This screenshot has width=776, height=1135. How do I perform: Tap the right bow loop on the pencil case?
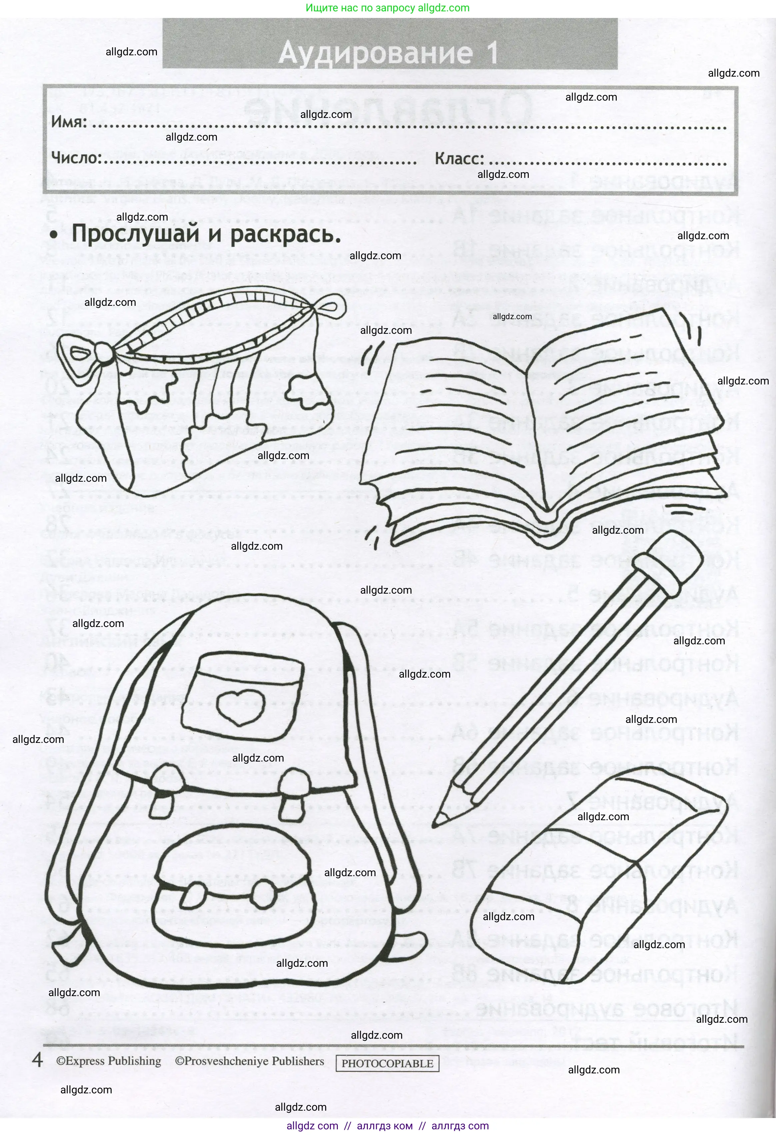pyautogui.click(x=328, y=308)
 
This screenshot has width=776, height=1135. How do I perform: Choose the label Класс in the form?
pyautogui.click(x=459, y=159)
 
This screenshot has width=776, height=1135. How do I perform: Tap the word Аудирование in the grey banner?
pyautogui.click(x=375, y=53)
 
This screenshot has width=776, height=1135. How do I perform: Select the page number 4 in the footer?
pyautogui.click(x=37, y=1060)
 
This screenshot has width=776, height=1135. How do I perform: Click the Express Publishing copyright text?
pyautogui.click(x=108, y=1061)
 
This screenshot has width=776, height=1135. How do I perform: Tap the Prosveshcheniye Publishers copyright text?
pyautogui.click(x=250, y=1061)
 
